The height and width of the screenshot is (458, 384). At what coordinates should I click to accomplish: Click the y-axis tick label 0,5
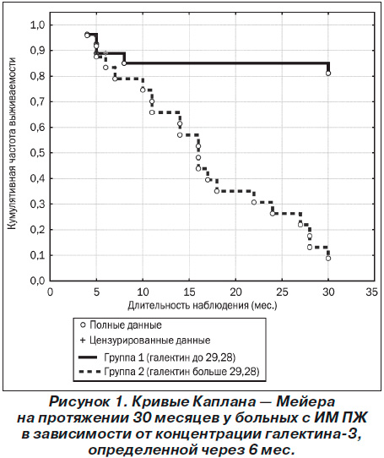click(37, 153)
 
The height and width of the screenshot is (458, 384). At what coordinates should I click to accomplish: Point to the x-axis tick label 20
click(235, 292)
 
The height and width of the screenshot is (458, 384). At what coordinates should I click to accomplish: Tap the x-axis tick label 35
click(372, 292)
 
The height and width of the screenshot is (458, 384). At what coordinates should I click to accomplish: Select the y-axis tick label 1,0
click(37, 25)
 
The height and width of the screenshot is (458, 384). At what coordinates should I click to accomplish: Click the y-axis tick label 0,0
click(37, 281)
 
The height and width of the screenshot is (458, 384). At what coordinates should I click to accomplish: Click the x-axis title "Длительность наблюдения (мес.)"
click(203, 306)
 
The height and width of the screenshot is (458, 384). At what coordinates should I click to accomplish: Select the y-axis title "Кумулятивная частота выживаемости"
click(11, 143)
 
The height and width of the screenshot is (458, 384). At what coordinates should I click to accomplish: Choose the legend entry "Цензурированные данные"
click(145, 341)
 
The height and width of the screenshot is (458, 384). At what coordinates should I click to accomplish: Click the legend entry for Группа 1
click(157, 357)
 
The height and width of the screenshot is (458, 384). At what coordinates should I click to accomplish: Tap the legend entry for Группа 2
click(169, 372)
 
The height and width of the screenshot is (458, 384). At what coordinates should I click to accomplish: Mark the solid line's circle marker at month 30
click(328, 74)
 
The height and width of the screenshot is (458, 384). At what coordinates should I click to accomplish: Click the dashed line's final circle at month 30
click(328, 259)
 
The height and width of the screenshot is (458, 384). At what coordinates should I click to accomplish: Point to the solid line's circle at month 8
click(124, 63)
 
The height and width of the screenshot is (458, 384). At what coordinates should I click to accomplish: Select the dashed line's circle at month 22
click(254, 202)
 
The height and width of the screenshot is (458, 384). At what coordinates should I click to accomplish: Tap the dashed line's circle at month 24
click(273, 214)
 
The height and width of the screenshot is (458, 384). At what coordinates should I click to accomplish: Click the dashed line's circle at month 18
click(217, 191)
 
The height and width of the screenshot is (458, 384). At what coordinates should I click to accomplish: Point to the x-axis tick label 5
click(96, 292)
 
